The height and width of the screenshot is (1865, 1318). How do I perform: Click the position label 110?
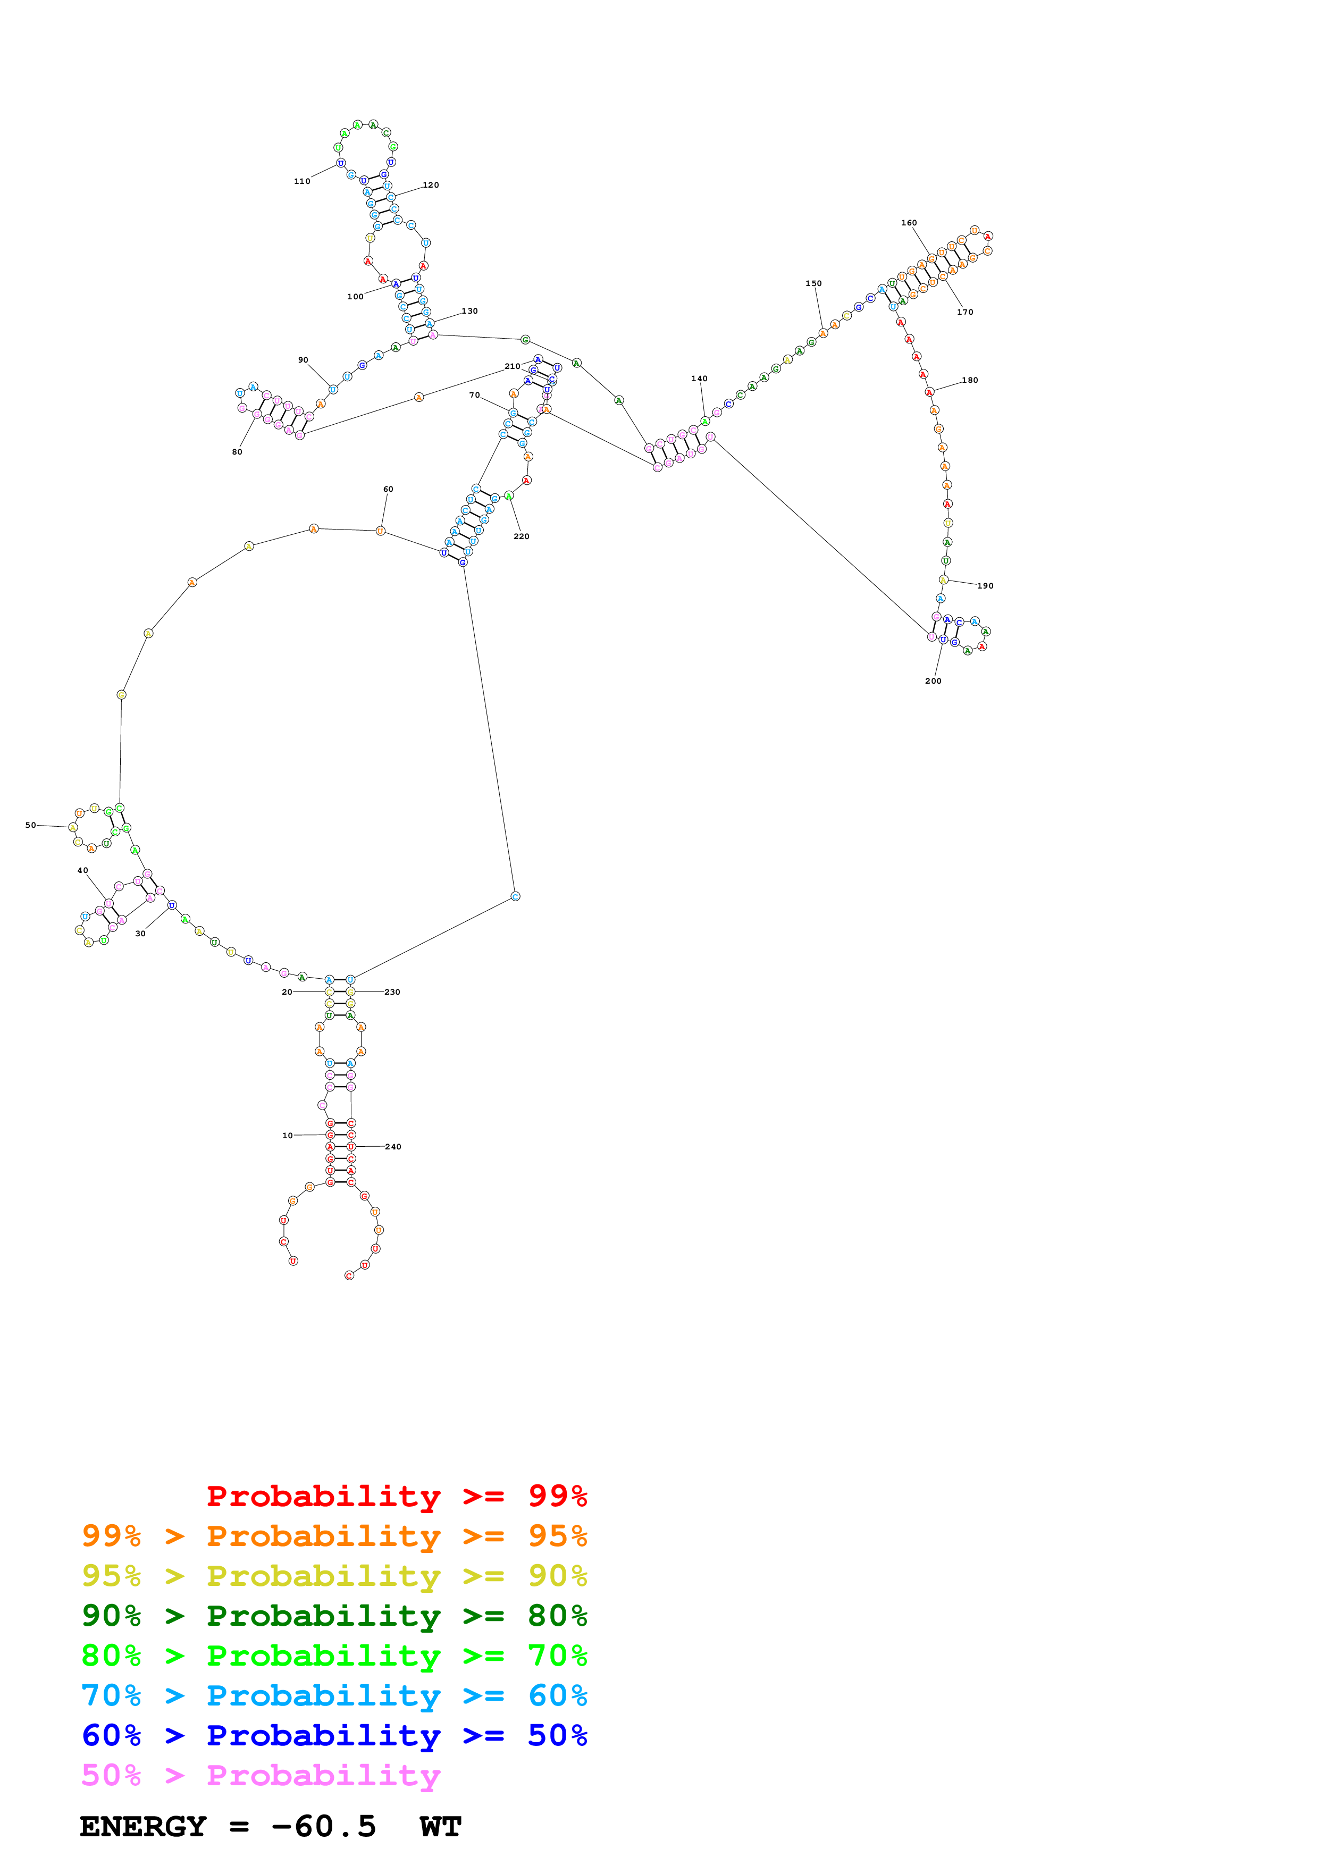coord(302,181)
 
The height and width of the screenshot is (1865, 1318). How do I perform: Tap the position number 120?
coord(431,185)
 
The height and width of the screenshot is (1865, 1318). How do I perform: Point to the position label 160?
coord(909,223)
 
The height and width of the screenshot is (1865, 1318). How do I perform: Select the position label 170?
coord(965,312)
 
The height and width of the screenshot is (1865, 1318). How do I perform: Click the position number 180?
coord(970,380)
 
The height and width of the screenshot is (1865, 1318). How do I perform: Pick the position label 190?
coord(985,586)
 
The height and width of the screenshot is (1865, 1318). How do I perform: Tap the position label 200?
coord(933,681)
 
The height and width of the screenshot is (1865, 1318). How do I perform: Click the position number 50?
coord(30,825)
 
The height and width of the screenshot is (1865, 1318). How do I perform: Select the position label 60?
coord(388,489)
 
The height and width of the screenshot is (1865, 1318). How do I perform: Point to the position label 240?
coord(393,1147)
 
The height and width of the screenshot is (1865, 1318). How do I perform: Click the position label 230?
coord(392,992)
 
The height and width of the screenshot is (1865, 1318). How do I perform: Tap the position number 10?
coord(288,1136)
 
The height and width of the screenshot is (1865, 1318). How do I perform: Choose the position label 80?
coord(237,451)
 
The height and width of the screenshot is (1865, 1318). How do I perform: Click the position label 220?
coord(522,536)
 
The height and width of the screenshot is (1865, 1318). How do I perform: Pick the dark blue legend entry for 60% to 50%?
coord(334,1735)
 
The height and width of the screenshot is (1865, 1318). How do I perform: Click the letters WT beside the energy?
coord(440,1826)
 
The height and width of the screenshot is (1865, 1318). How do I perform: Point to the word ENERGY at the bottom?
coord(143,1826)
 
